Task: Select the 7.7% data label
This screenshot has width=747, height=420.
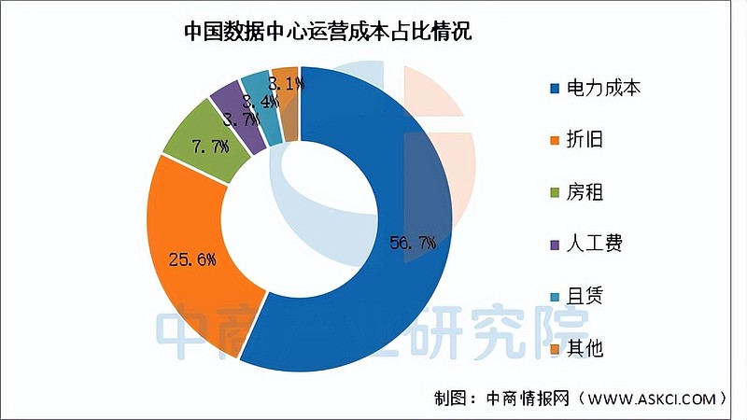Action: [210, 147]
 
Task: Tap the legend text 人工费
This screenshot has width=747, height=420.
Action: [595, 245]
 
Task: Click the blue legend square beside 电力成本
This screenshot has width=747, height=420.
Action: [554, 90]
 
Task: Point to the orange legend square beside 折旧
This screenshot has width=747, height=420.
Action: [554, 141]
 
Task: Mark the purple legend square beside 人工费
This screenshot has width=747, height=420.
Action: [554, 245]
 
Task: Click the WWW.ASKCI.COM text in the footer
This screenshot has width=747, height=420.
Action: [650, 399]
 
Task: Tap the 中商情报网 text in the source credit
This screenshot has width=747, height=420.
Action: [528, 399]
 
